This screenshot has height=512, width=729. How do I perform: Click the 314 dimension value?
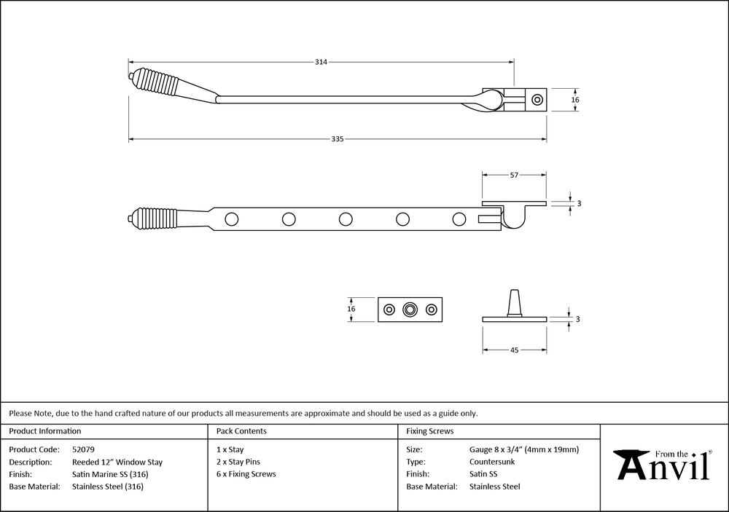click(321, 62)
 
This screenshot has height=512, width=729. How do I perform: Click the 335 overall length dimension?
click(337, 139)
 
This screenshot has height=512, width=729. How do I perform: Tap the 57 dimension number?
click(514, 175)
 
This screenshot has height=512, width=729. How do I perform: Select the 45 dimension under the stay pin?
click(514, 350)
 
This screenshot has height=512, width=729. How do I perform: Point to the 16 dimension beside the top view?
click(575, 100)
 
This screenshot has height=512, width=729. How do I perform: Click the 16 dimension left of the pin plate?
click(351, 309)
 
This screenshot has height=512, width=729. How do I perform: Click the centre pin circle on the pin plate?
click(410, 310)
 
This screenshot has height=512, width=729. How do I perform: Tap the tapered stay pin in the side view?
click(514, 303)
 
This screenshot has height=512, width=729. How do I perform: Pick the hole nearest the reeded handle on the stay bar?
click(232, 218)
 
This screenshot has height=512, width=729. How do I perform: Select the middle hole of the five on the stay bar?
click(346, 218)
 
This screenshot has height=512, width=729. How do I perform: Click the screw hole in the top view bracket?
click(537, 100)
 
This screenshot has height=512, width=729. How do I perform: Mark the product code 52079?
click(83, 449)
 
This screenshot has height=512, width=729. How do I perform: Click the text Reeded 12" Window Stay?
click(117, 462)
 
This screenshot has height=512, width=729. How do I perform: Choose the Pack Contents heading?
click(241, 431)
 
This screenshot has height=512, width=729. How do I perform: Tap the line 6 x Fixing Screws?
click(246, 474)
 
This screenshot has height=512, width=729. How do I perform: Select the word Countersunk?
click(492, 462)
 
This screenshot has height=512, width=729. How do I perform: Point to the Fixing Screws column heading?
click(429, 431)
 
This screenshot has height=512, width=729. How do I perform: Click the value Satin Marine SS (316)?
click(110, 474)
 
